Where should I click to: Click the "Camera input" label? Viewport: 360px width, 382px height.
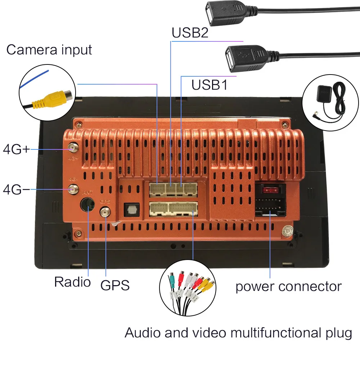(x=49, y=50)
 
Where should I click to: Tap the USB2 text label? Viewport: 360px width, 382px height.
(x=190, y=33)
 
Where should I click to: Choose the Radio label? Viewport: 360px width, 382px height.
(x=72, y=282)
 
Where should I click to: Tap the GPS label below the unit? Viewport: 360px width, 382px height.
(x=115, y=285)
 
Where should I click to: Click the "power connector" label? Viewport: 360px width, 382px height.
(x=288, y=287)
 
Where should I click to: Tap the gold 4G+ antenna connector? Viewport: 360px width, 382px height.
(x=73, y=148)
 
